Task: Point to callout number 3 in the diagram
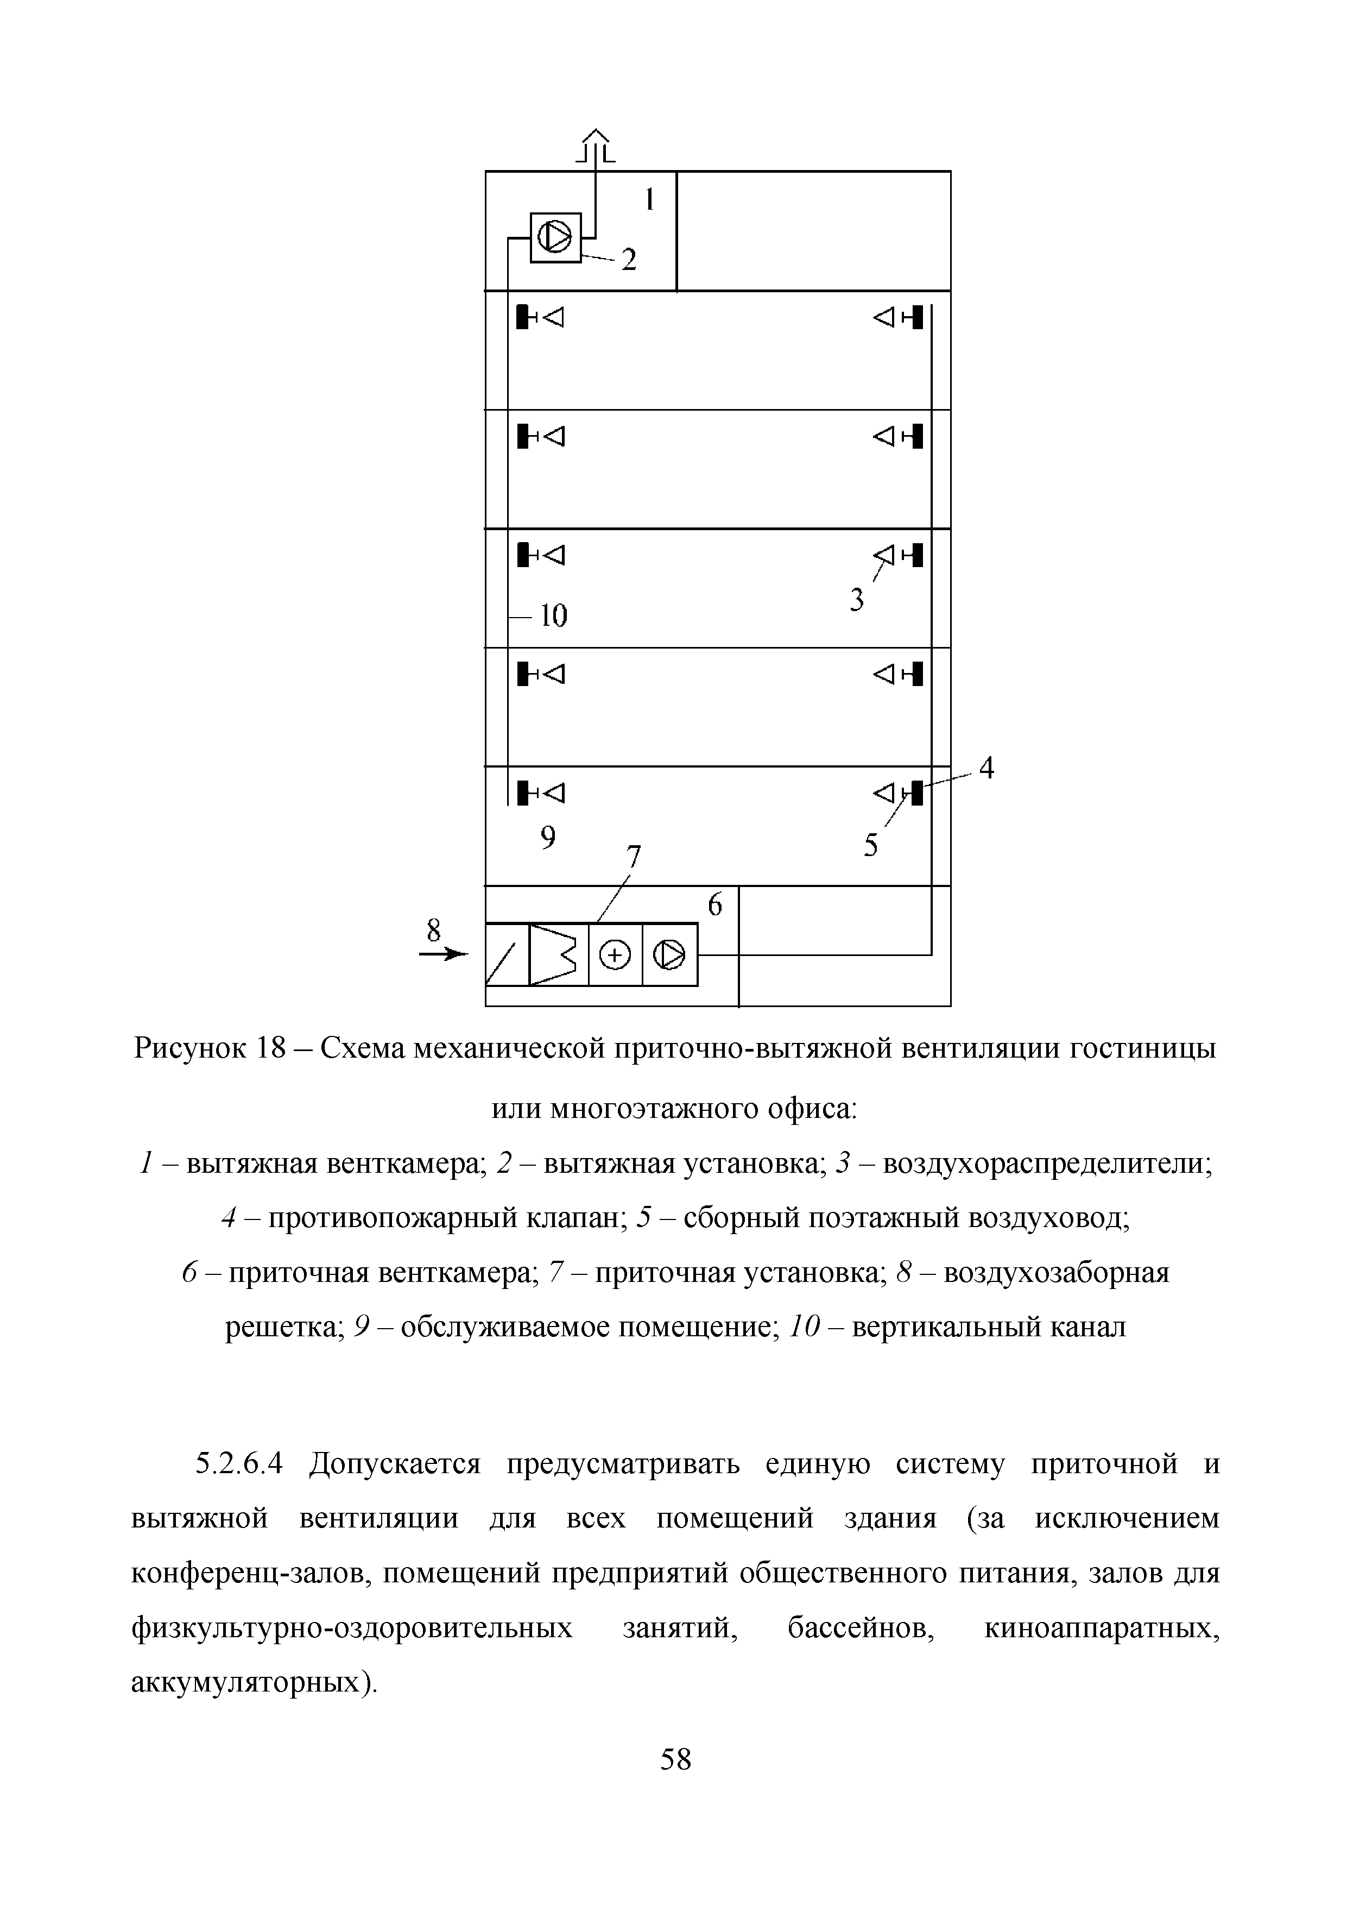[857, 599]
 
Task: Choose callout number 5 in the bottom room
[870, 845]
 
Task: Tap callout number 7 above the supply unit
[635, 856]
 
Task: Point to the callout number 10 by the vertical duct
[553, 615]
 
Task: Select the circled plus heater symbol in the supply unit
[615, 957]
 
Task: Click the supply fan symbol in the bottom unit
[669, 957]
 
